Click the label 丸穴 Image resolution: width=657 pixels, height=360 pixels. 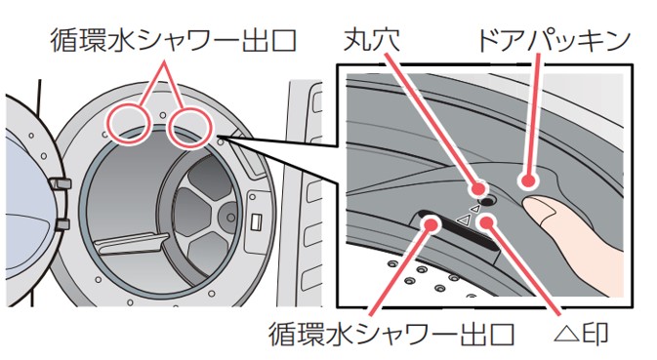(371, 40)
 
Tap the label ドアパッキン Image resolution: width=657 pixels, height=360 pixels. (554, 40)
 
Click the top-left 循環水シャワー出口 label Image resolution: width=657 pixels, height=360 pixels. (174, 40)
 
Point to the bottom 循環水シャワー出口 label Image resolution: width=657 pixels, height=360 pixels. (391, 334)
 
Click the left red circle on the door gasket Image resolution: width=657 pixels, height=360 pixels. (128, 125)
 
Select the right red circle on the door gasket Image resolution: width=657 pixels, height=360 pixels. (188, 128)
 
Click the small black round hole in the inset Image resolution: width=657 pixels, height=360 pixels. (487, 201)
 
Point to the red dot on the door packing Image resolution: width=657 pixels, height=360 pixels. (528, 181)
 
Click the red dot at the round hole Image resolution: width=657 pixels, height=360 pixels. (478, 188)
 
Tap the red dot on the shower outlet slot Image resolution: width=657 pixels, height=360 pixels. (431, 223)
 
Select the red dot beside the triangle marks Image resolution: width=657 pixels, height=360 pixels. (487, 220)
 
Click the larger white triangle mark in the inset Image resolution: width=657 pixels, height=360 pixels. (462, 219)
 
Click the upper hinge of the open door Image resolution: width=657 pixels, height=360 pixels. (60, 183)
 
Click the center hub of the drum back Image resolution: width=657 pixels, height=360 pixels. (230, 217)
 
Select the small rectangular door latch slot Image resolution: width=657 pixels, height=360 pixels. (256, 220)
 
